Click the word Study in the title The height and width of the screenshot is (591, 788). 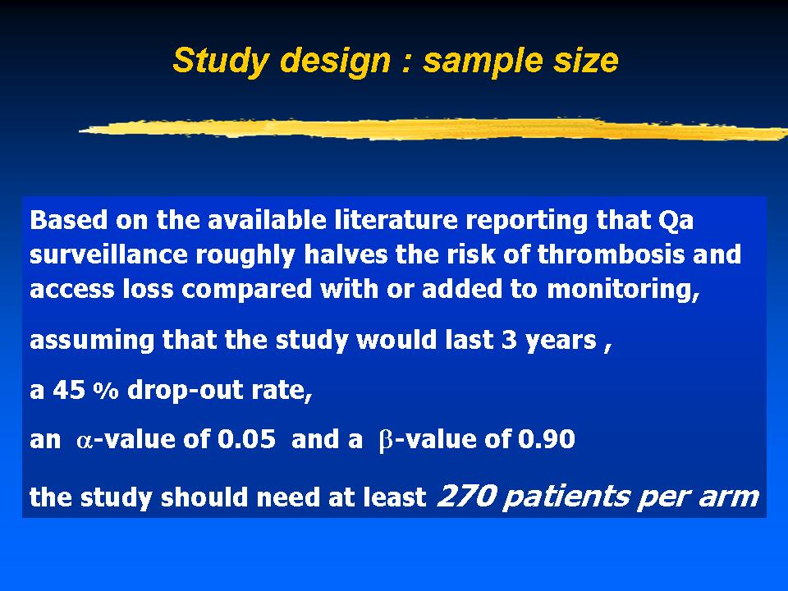tap(221, 62)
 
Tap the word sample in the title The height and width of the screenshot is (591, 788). tap(483, 62)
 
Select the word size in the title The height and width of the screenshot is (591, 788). tap(586, 60)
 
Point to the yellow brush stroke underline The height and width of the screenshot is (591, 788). tap(433, 129)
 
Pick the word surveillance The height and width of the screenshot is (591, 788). tap(108, 254)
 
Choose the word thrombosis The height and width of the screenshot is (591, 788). tap(611, 254)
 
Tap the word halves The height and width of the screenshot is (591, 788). tap(346, 254)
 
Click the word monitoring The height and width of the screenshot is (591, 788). tap(623, 290)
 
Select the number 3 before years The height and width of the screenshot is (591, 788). tap(510, 340)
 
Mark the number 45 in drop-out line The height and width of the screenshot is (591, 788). tap(69, 390)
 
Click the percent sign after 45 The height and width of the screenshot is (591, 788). tap(106, 391)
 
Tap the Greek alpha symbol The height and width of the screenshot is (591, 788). tap(85, 441)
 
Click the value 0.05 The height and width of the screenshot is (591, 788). tap(246, 439)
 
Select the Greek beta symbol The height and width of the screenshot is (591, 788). tap(386, 441)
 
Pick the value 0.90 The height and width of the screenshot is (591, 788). tap(547, 439)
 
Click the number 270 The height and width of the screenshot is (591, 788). tap(467, 496)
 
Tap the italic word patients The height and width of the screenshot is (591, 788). tap(566, 497)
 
